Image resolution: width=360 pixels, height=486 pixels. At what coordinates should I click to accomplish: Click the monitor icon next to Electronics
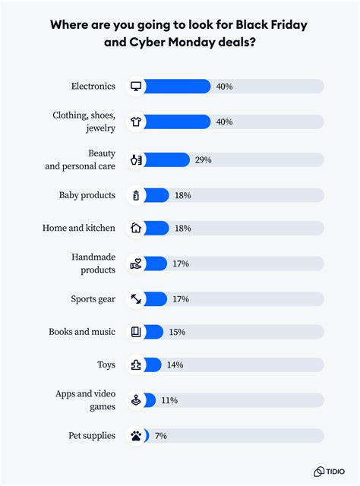pos(136,87)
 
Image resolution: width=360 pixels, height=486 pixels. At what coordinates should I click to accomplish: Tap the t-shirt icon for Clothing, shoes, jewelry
pos(136,122)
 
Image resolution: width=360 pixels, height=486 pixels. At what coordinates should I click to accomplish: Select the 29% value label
pos(202,159)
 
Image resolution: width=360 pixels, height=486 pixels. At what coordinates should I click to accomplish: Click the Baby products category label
pos(87,195)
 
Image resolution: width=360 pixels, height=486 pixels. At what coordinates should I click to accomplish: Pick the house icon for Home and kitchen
pos(136,228)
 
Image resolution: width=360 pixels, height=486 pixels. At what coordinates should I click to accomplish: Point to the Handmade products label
pos(93,264)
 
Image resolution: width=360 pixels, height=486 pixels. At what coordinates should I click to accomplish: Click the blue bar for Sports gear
pos(156,299)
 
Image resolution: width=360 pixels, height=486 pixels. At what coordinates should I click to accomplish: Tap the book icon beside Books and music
pos(136,332)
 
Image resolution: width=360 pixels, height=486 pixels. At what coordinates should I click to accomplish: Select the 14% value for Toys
pos(174,365)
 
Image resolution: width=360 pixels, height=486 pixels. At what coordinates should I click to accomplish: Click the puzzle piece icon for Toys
pos(136,365)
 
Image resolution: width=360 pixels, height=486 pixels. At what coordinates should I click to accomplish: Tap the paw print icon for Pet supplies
pos(136,436)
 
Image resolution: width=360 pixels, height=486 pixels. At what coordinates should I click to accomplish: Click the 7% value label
pos(160,436)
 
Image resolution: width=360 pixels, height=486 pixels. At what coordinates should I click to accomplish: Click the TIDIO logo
pos(328,471)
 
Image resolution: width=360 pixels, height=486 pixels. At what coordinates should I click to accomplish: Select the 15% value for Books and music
pos(176,332)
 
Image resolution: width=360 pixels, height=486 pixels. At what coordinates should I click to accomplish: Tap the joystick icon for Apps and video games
pos(136,400)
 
